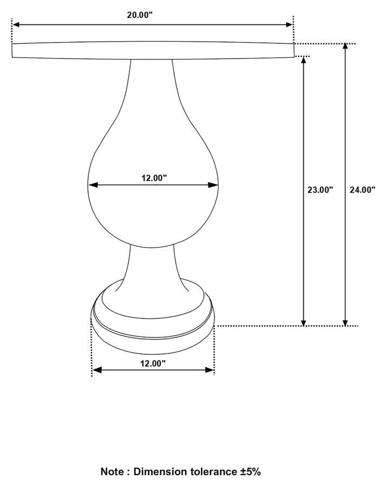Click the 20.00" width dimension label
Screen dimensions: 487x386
click(140, 15)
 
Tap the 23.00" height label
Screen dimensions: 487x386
click(320, 190)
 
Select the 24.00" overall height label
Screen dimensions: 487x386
click(362, 190)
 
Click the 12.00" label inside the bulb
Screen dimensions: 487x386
click(154, 177)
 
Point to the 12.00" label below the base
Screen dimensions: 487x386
click(153, 364)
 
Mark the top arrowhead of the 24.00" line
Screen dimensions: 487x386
click(345, 47)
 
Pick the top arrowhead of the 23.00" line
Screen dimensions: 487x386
click(304, 60)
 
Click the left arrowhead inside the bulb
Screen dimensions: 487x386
click(93, 185)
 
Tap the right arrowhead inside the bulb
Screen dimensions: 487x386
click(214, 185)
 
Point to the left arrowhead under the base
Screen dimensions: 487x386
click(96, 370)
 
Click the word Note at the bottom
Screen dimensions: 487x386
click(112, 472)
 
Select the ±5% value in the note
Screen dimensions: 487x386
click(251, 472)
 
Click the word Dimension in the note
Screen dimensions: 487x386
click(159, 472)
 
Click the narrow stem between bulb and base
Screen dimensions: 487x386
click(153, 265)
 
